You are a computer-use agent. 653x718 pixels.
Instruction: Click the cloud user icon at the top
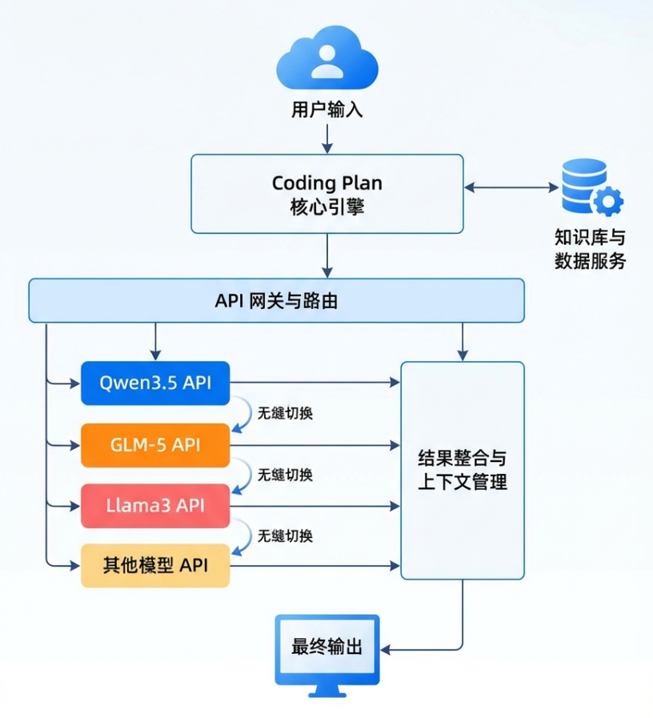click(x=326, y=60)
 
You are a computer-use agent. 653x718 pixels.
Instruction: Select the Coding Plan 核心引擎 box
click(x=326, y=194)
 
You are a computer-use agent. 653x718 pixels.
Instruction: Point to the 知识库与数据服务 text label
click(x=591, y=250)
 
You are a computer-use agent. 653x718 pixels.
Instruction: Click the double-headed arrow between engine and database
click(x=511, y=188)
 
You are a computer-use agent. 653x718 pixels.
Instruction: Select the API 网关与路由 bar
click(x=276, y=300)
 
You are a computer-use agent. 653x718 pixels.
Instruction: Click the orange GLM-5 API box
click(x=155, y=444)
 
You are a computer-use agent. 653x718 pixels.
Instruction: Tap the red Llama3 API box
click(x=155, y=505)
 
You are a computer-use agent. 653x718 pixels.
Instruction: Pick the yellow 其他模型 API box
click(x=155, y=565)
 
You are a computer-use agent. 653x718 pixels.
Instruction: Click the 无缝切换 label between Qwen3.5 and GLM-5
click(x=285, y=414)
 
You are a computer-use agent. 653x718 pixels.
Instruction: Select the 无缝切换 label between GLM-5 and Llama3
click(x=285, y=475)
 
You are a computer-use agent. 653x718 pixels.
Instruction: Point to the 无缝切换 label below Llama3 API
click(x=285, y=535)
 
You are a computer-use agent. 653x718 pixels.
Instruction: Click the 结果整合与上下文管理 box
click(x=463, y=471)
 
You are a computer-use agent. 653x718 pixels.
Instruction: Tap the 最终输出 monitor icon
click(x=326, y=648)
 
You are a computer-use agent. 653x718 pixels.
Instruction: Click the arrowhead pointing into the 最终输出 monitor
click(x=386, y=648)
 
